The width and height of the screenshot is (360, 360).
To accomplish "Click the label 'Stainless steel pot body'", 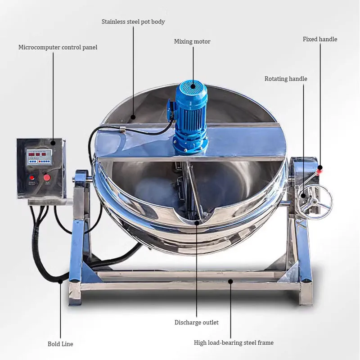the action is (x=133, y=22).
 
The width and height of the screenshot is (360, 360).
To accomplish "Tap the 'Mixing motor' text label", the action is (x=192, y=41).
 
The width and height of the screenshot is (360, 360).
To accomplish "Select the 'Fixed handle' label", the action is (x=320, y=39).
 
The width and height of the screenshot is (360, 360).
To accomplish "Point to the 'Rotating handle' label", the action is (x=286, y=79).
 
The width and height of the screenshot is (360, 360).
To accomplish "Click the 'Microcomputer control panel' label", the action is (x=58, y=48).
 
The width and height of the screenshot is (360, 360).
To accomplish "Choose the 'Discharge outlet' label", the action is (x=197, y=322).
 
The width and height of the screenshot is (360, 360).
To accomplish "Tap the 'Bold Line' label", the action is (x=60, y=344).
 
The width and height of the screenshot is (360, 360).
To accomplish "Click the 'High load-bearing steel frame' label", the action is (x=234, y=343).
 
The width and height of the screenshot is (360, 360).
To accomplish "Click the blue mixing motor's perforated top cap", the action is (x=193, y=86).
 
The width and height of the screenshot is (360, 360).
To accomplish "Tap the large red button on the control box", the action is (x=47, y=177).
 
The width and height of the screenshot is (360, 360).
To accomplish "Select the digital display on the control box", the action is (x=39, y=157).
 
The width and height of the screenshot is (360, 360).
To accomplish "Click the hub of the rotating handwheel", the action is (x=313, y=202).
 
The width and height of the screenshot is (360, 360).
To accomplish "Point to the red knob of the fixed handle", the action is (x=319, y=170).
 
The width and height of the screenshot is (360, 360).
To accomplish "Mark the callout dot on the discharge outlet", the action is (x=197, y=222).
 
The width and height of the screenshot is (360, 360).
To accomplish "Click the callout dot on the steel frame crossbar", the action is (x=230, y=281).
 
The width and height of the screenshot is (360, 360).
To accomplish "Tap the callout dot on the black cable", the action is (x=60, y=281).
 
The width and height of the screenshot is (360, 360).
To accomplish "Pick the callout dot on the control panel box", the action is (x=53, y=143).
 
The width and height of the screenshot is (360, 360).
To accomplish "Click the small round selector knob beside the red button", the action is (x=32, y=178).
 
